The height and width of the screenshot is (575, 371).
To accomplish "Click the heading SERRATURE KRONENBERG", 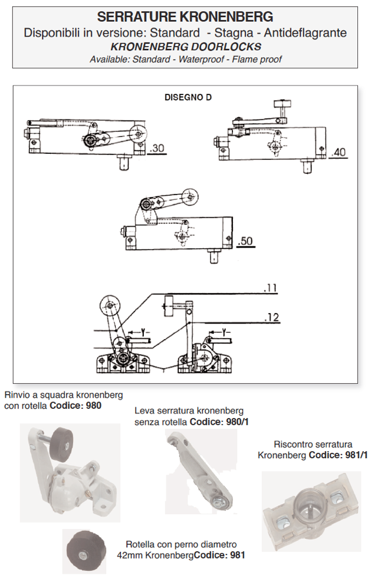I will [x=185, y=17].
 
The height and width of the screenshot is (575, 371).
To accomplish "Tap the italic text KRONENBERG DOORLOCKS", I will [x=185, y=46].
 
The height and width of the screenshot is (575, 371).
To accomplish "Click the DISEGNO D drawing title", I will [x=188, y=98].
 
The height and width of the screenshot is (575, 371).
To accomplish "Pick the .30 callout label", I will [x=157, y=148].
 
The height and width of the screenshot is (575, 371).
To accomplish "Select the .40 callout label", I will [x=339, y=152].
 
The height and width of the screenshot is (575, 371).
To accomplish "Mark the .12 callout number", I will [x=271, y=318].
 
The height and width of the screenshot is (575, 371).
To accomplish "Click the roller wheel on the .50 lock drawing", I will [x=189, y=196].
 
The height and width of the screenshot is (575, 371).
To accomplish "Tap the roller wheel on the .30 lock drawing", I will [x=139, y=133].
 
